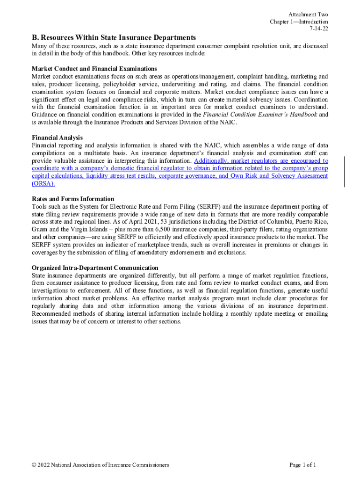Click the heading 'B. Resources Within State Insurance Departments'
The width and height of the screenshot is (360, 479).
click(114, 37)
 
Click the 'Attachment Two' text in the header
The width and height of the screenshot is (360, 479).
click(308, 15)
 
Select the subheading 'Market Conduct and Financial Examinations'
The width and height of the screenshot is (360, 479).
click(94, 69)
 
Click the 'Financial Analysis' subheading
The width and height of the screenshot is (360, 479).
click(57, 138)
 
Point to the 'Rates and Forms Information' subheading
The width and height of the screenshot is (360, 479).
click(73, 199)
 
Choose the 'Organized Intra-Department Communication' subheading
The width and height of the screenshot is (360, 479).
click(95, 268)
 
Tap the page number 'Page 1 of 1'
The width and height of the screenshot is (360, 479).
click(303, 465)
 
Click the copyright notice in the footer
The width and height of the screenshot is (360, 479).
click(101, 465)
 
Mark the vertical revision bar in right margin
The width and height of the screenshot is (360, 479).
click(345, 172)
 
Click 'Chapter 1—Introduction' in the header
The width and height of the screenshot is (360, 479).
click(299, 22)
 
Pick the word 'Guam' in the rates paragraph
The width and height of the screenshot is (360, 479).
click(40, 229)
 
